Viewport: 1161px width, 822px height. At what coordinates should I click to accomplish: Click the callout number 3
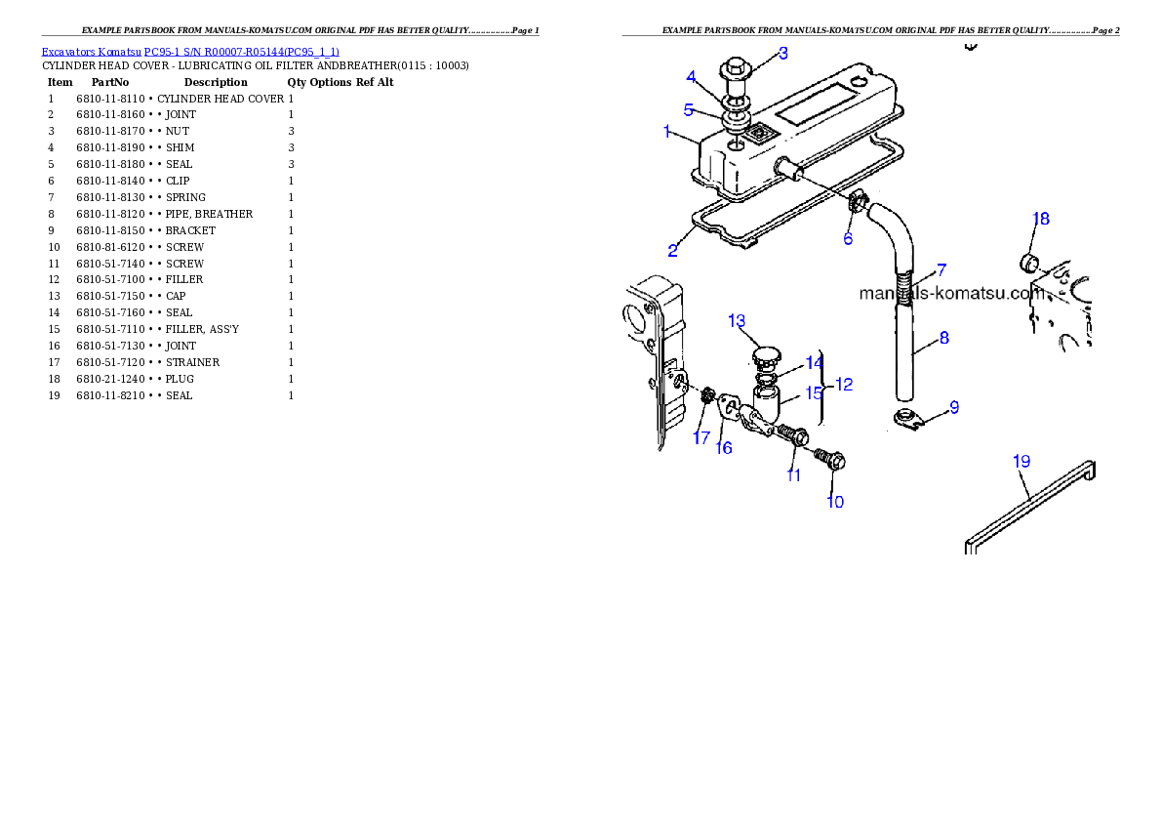tap(782, 53)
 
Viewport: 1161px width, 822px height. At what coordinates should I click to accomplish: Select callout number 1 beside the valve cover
tap(667, 131)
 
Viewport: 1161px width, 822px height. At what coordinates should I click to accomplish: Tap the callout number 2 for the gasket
tap(673, 251)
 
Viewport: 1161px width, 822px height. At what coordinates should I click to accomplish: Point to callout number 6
tap(848, 238)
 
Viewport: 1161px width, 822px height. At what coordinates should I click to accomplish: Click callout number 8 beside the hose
tap(943, 339)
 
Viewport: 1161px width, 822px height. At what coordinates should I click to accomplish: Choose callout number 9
tap(954, 407)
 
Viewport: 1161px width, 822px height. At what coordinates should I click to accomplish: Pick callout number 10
tap(835, 502)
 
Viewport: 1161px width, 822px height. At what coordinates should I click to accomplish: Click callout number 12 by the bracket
tap(844, 385)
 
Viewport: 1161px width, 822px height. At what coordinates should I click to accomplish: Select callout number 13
tap(737, 320)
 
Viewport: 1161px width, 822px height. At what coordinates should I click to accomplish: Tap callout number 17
tap(701, 438)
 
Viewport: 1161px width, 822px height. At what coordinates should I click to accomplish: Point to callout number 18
tap(1041, 219)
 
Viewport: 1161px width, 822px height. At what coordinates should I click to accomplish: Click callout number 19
tap(1021, 461)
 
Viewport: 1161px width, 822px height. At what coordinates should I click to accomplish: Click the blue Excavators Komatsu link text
tap(190, 52)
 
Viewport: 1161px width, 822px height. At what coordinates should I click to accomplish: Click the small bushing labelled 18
tap(1027, 261)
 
